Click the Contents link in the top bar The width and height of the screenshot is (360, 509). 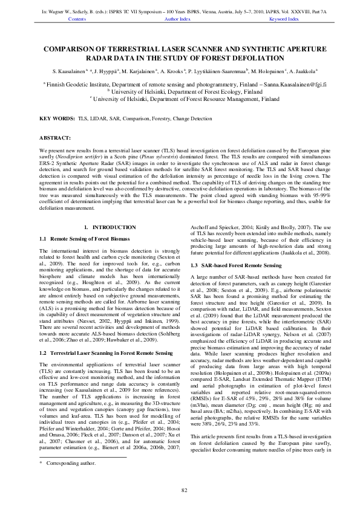point(77,19)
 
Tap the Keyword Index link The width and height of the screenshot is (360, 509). point(284,19)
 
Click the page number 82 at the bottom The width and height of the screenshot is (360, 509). point(180,490)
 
